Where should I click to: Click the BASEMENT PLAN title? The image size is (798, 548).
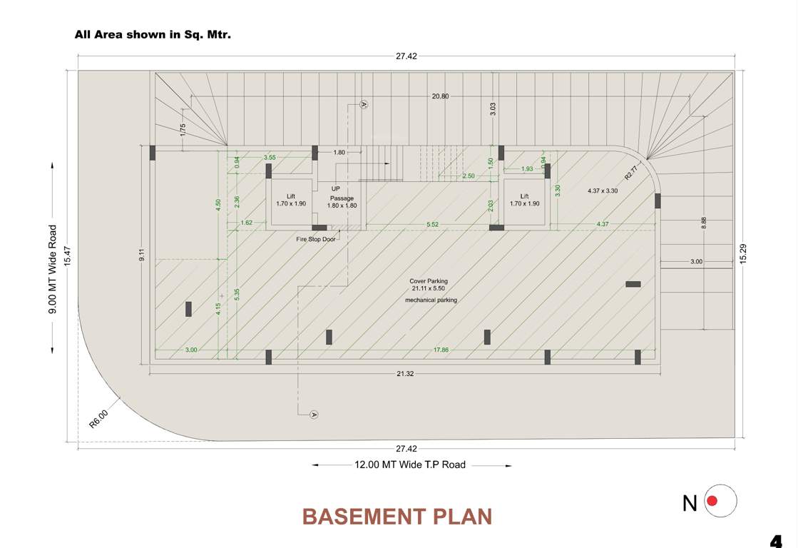pos(397,516)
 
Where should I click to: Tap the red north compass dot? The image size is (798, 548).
pos(721,502)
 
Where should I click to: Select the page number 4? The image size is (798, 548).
pos(776,541)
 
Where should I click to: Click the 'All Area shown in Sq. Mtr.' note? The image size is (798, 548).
pos(153,34)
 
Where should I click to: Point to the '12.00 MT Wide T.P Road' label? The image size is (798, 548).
pos(410,465)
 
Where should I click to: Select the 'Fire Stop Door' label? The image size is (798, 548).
pos(316,240)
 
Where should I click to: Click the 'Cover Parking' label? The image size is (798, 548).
pos(429,281)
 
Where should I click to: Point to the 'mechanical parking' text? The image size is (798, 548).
pos(431,300)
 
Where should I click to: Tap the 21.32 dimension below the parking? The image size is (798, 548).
pos(405,374)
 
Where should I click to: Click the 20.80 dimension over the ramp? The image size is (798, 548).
pos(440,96)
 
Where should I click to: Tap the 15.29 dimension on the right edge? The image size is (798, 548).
pos(743,255)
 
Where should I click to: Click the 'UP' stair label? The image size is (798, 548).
pos(335,189)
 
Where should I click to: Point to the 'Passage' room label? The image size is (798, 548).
pos(342,198)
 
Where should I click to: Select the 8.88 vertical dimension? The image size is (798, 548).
pos(704,223)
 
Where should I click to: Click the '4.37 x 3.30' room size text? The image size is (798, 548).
pos(603,191)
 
